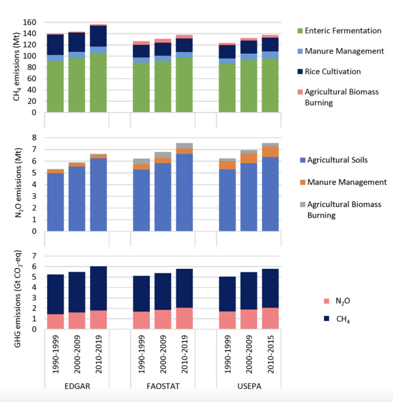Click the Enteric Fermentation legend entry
[x=343, y=31]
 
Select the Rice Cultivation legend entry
[x=332, y=71]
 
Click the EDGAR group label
[x=77, y=386]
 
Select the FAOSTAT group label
[x=163, y=386]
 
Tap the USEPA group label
[x=249, y=386]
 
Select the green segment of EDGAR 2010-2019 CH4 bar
[x=98, y=83]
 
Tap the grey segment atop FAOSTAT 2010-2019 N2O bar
[x=184, y=146]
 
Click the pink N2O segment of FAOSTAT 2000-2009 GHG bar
[x=163, y=319]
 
